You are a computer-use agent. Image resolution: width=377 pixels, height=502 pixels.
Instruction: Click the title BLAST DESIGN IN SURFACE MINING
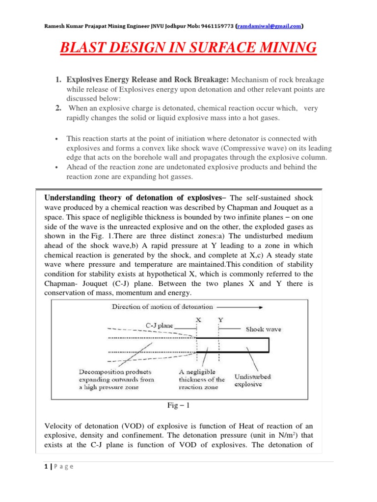(188, 49)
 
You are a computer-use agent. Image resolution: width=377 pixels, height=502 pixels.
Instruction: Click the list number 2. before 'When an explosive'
(57, 108)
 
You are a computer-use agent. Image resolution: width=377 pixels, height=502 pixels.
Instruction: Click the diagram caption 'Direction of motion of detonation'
(163, 307)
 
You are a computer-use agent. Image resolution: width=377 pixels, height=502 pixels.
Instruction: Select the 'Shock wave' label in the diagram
(263, 329)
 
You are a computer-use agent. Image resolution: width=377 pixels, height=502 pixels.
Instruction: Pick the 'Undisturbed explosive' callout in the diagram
(252, 380)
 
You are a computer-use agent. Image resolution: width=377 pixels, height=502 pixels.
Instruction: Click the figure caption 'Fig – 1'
(182, 404)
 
